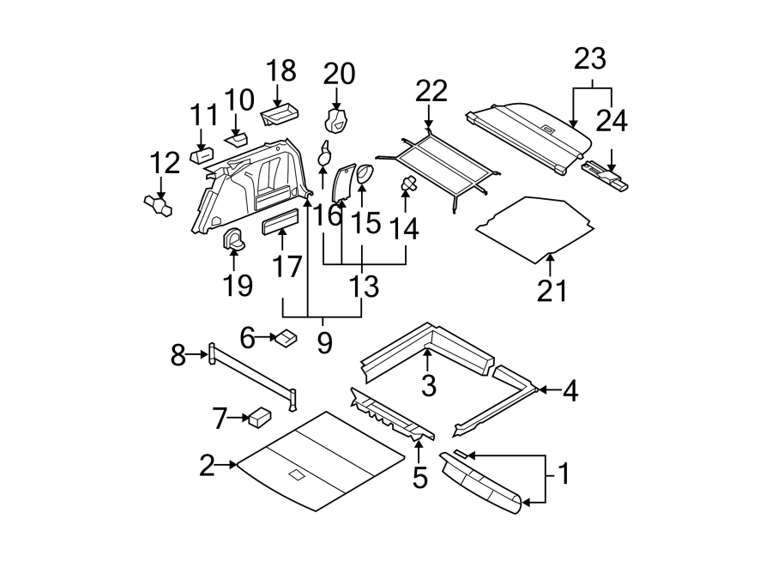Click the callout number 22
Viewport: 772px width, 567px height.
click(x=432, y=92)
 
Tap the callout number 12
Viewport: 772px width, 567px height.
click(x=165, y=161)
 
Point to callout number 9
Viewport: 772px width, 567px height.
click(x=324, y=343)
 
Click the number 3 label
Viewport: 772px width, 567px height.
click(x=429, y=385)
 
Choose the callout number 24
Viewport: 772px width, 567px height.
click(x=612, y=119)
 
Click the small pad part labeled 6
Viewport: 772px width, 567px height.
click(x=286, y=338)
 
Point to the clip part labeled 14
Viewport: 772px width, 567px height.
click(x=408, y=183)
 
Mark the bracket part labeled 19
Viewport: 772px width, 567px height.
click(x=233, y=240)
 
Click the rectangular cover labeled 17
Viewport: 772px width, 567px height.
click(x=281, y=225)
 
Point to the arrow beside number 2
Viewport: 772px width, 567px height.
click(x=227, y=465)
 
